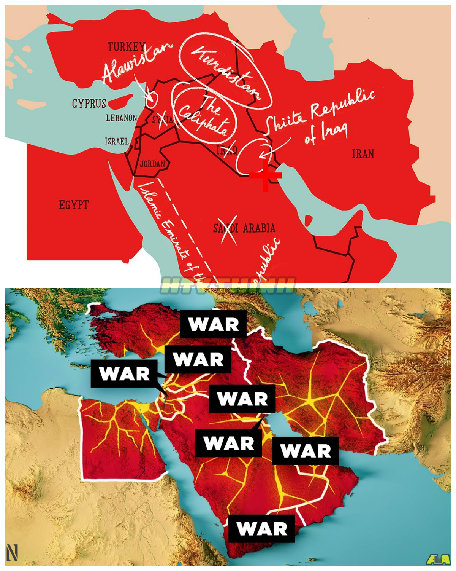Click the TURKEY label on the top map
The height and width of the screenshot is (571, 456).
pyautogui.click(x=126, y=47)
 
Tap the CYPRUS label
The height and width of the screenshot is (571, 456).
pyautogui.click(x=89, y=104)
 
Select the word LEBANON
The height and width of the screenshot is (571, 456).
pyautogui.click(x=121, y=118)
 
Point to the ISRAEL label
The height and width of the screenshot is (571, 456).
pyautogui.click(x=117, y=141)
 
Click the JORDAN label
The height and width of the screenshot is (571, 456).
pyautogui.click(x=152, y=164)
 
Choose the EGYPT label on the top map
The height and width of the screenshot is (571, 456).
pyautogui.click(x=74, y=205)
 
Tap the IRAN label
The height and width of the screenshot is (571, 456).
pyautogui.click(x=363, y=154)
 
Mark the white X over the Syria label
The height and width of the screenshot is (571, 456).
pyautogui.click(x=164, y=119)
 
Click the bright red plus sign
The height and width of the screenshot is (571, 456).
pyautogui.click(x=265, y=175)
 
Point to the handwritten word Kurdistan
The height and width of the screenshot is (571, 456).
pyautogui.click(x=226, y=72)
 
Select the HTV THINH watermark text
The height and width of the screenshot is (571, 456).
pyautogui.click(x=228, y=285)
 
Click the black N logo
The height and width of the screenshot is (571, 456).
pyautogui.click(x=12, y=553)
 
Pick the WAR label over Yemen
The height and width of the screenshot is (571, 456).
pyautogui.click(x=261, y=529)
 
